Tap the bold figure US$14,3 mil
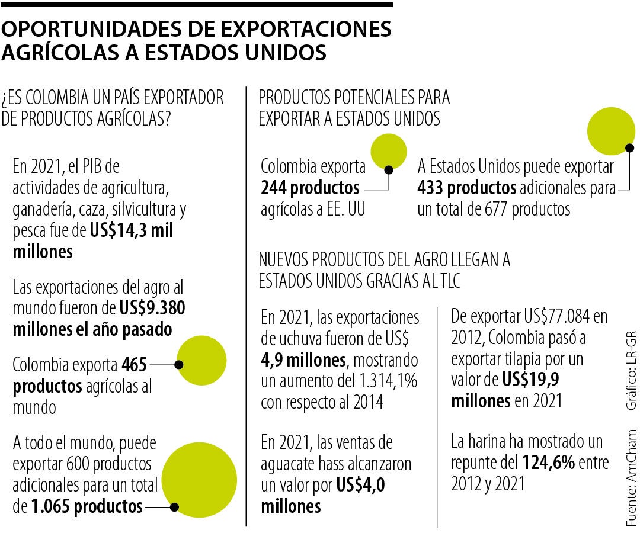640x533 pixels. [x=132, y=232]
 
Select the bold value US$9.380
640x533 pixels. [x=152, y=309]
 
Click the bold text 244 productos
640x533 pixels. [x=310, y=188]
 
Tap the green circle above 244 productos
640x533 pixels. [x=388, y=151]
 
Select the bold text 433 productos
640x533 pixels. [x=466, y=188]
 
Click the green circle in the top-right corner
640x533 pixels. [x=610, y=130]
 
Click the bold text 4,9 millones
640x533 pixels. [x=302, y=360]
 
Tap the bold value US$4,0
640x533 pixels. [x=361, y=486]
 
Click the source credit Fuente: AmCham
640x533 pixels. [x=632, y=474]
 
